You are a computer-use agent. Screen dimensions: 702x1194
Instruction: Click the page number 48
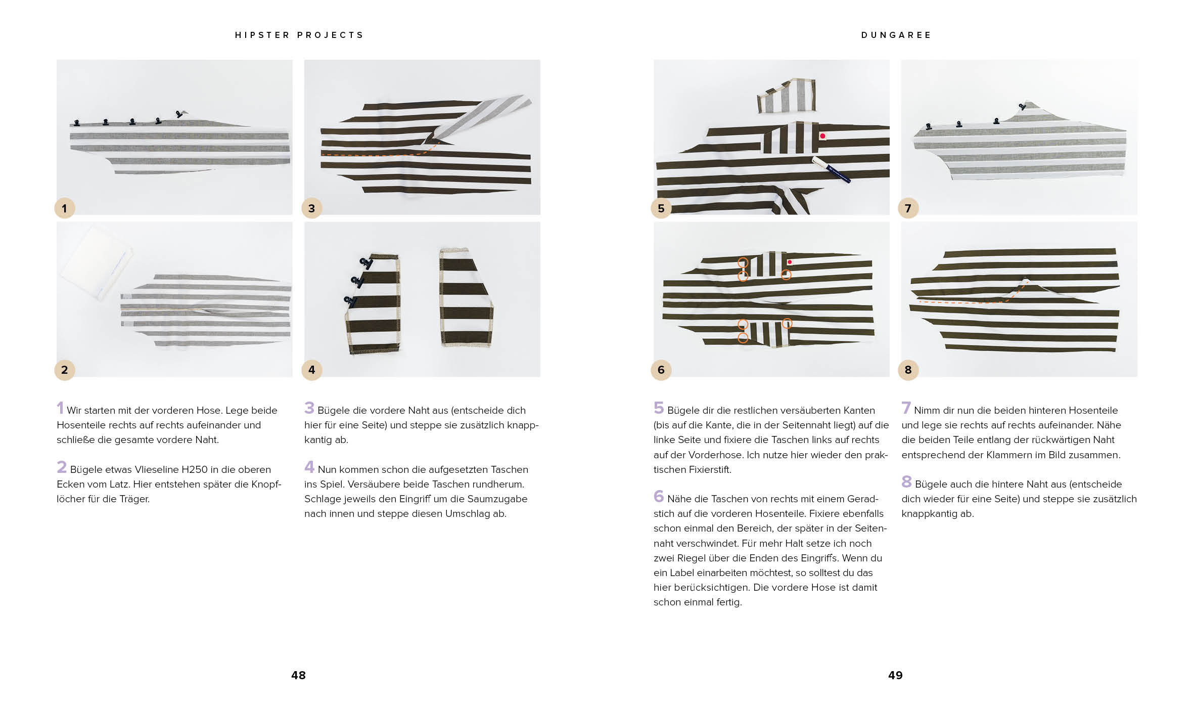coord(298,675)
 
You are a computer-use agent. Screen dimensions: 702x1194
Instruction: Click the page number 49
coord(895,675)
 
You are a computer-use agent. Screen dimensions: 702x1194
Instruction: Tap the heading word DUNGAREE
coord(896,35)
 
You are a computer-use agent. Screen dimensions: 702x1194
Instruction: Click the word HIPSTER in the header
coord(262,35)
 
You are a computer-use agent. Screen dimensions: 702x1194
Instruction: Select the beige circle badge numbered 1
coord(64,208)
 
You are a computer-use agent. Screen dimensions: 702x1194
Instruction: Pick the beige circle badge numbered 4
coord(311,370)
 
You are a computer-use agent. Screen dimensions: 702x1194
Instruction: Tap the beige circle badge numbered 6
coord(661,370)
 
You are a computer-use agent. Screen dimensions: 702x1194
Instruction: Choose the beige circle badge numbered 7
coord(908,208)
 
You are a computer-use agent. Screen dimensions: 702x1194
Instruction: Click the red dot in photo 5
coord(822,136)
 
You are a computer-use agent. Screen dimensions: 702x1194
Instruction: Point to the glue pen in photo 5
coord(831,169)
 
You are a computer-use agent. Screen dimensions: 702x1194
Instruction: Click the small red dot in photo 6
coord(790,262)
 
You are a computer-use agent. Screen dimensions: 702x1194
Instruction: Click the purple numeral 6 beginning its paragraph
coord(658,496)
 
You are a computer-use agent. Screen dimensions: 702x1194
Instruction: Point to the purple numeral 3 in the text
coord(309,408)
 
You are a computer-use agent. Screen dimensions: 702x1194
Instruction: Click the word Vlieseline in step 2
coord(157,469)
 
